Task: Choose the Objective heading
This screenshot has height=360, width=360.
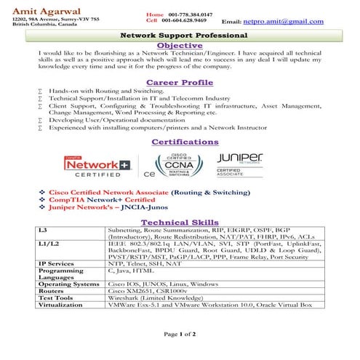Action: pos(180,45)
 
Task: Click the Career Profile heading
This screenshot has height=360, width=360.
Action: pos(180,82)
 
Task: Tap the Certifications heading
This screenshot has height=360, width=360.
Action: pos(180,141)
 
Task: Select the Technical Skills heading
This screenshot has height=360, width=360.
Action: pos(180,222)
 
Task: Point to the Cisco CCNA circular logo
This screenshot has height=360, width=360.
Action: pos(176,167)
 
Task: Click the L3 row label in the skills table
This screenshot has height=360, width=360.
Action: pos(43,230)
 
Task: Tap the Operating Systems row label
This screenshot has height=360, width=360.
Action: pos(68,284)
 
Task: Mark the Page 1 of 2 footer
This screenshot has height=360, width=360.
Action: pos(180,334)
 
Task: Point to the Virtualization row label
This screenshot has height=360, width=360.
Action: pos(61,305)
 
